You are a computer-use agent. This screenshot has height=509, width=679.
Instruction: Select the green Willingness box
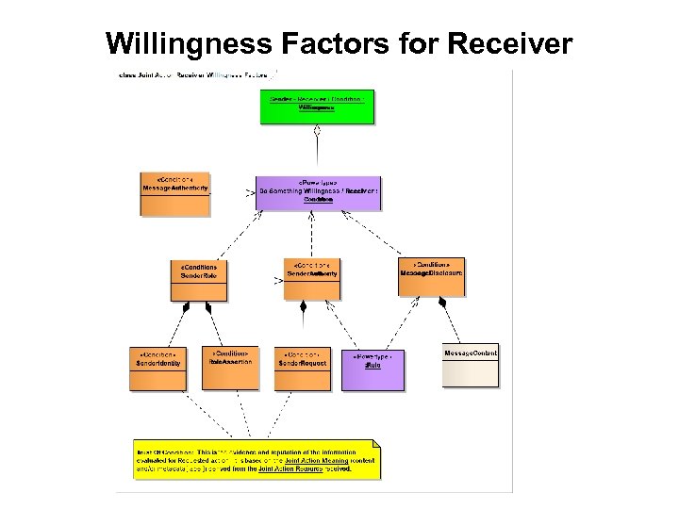[317, 107]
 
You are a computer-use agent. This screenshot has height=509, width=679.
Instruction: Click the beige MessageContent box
[471, 367]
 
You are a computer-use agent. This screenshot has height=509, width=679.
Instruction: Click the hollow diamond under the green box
[318, 131]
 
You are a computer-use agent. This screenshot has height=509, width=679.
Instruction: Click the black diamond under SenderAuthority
[303, 306]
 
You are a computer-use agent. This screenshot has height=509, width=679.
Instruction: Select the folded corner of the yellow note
[375, 444]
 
